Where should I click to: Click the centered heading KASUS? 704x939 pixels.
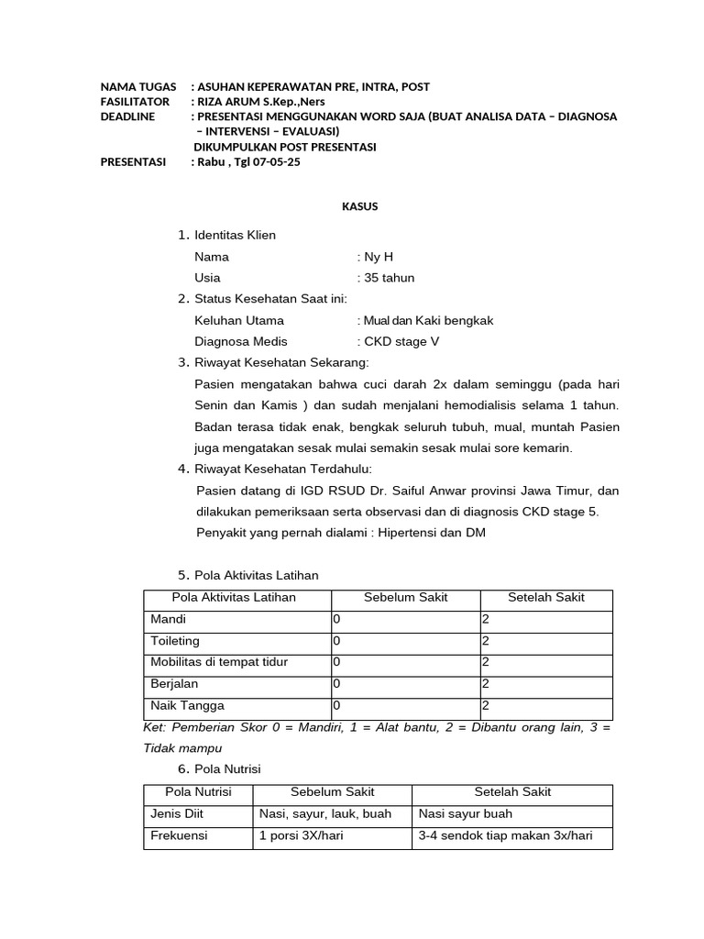354,206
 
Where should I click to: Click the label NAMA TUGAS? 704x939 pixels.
138,86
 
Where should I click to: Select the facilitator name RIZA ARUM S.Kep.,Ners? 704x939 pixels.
261,101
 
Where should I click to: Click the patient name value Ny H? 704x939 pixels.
379,257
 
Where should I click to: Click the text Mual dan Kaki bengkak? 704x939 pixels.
429,320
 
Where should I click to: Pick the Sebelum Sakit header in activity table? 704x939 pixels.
405,598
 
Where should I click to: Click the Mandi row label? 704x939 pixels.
168,620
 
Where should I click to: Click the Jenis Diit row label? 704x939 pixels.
176,813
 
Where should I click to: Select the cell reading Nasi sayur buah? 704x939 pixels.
466,813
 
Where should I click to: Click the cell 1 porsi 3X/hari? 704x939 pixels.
302,836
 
